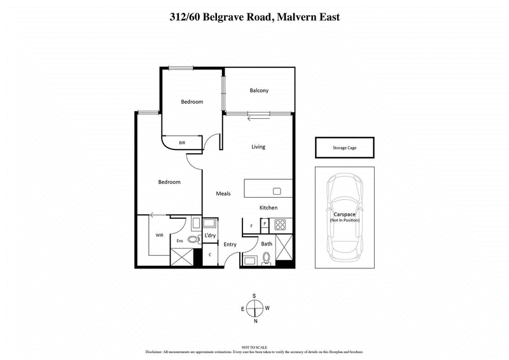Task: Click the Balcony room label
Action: pyautogui.click(x=259, y=90)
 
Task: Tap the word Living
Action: pyautogui.click(x=258, y=147)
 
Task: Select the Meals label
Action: pyautogui.click(x=223, y=194)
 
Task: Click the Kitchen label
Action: pyautogui.click(x=268, y=208)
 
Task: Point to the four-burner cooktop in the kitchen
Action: pyautogui.click(x=279, y=225)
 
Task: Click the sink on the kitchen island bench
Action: pyautogui.click(x=277, y=191)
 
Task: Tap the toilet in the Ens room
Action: pyautogui.click(x=192, y=240)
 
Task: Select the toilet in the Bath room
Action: pyautogui.click(x=267, y=258)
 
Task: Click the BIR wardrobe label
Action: pyautogui.click(x=182, y=143)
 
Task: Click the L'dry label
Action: pyautogui.click(x=210, y=236)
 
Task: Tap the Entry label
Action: pyautogui.click(x=230, y=244)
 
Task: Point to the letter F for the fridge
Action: pyautogui.click(x=252, y=225)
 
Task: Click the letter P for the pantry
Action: pyautogui.click(x=265, y=224)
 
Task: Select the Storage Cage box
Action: pyautogui.click(x=344, y=148)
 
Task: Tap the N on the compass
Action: pyautogui.click(x=254, y=321)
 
